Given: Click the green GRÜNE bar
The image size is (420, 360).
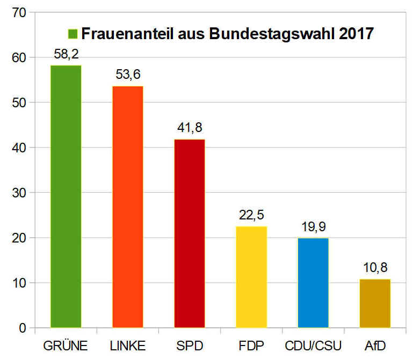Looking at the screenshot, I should coord(66,196).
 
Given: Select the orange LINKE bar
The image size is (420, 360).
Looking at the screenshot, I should coord(128,207).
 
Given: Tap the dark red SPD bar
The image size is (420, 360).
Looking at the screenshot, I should coord(190,233).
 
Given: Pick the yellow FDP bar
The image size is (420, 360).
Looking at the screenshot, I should coord(251,277).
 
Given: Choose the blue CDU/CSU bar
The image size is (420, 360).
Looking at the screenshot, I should coord(313,283).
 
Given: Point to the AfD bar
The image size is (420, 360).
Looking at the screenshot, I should coord(375,303).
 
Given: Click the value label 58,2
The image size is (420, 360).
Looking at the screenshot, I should coord(66,54).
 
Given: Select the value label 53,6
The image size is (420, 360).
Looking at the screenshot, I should coord(128,75).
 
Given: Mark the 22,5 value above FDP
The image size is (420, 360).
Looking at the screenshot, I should coord(251,215).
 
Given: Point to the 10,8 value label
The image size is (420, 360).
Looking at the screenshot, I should coord(375,268).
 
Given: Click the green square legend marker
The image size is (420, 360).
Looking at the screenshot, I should coord(73,34).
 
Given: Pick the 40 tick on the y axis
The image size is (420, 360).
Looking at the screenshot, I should coord(20,147).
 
